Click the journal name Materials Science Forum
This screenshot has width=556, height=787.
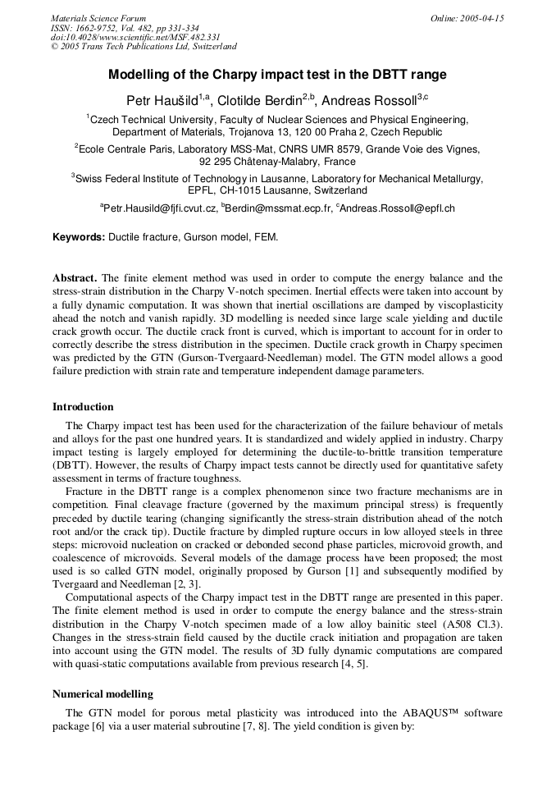tap(98, 18)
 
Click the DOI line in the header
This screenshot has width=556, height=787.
tap(135, 37)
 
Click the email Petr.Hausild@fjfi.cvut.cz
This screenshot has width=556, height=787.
tap(159, 208)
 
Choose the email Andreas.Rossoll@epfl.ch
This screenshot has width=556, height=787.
tap(397, 208)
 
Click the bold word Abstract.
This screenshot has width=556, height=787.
tap(75, 278)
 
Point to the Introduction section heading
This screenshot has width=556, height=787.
tap(84, 406)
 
